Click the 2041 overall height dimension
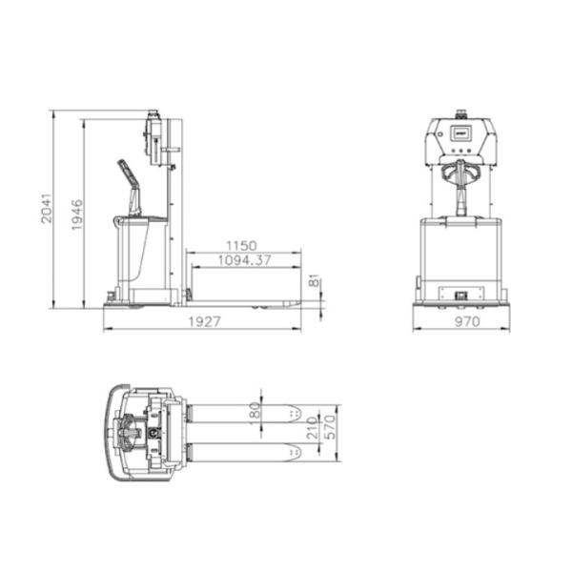click(47, 208)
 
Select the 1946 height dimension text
click(77, 214)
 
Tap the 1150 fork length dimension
click(241, 246)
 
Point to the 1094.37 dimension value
click(244, 260)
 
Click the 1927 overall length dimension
click(204, 322)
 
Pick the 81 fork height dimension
click(314, 280)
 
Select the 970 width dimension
click(467, 321)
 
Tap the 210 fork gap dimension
click(313, 428)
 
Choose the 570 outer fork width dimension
click(330, 427)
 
